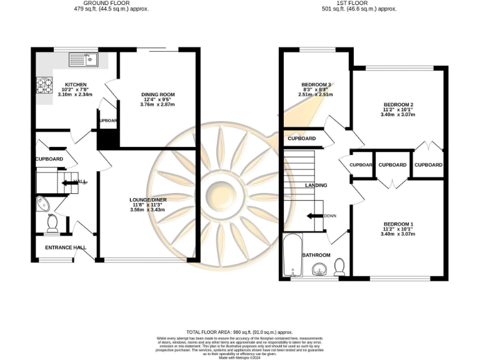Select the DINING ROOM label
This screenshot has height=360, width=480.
click(x=157, y=94)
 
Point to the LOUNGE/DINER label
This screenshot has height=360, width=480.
click(x=148, y=199)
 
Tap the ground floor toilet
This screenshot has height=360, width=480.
click(x=52, y=224)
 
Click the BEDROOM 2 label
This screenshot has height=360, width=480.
click(x=398, y=104)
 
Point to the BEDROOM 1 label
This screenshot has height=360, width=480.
click(x=398, y=224)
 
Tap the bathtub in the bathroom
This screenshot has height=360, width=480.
click(x=292, y=255)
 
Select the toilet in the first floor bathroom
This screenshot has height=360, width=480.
click(x=340, y=267)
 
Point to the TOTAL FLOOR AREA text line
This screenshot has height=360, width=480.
click(x=239, y=332)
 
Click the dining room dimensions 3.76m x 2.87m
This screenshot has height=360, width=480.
click(x=157, y=104)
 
